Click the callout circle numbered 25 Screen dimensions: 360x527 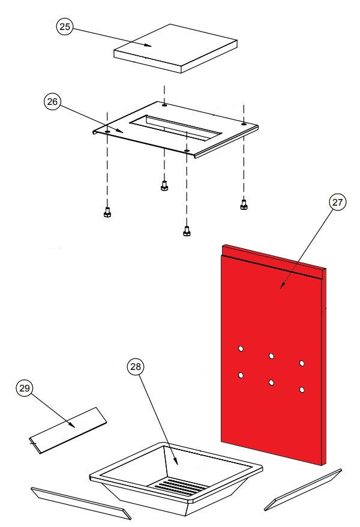coord(65,26)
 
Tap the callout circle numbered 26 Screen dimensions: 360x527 coord(52,101)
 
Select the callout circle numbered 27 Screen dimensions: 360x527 coord(337,202)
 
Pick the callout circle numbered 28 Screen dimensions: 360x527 coord(135,367)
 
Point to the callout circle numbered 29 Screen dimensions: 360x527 coord(24,388)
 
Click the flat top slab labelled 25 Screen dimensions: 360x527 coord(175,48)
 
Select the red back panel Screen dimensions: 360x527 coord(273,354)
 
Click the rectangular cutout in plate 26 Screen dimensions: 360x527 coord(176,127)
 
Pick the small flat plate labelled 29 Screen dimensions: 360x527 coord(68,430)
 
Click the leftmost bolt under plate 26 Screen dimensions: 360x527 coord(107,213)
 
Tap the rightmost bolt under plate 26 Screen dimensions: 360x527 coord(244,204)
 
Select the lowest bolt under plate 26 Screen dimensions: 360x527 coord(187,231)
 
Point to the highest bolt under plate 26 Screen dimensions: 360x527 coord(164,186)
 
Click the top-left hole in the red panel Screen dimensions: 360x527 coord(241,348)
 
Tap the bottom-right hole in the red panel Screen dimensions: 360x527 coord(302,390)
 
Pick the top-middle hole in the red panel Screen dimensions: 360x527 coord(271,356)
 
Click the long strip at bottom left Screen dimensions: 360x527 coord(81,503)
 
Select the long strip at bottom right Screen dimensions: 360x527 coord(303,490)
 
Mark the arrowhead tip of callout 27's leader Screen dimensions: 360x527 coord(281,289)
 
